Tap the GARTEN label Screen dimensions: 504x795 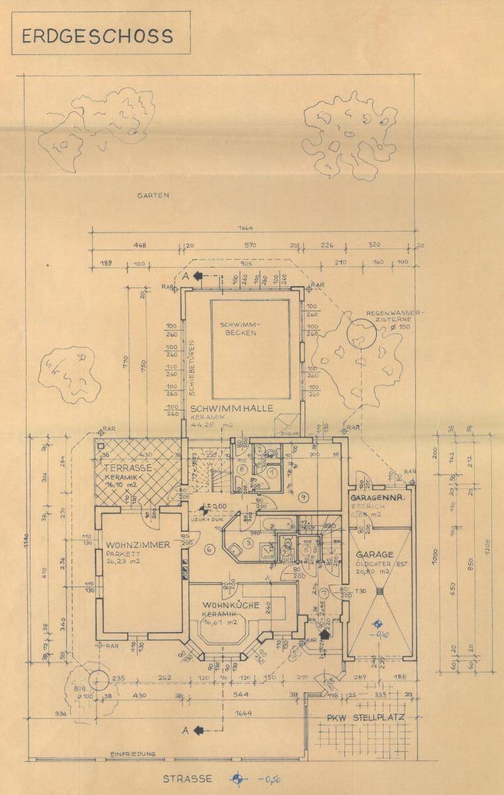tap(154, 195)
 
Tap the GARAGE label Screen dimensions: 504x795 tap(375, 554)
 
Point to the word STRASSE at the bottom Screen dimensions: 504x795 tap(187, 779)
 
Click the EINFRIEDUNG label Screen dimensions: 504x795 tap(133, 754)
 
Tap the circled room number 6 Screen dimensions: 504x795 tap(209, 549)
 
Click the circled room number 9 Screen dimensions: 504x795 tap(303, 496)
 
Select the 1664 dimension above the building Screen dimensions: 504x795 tap(250, 229)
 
